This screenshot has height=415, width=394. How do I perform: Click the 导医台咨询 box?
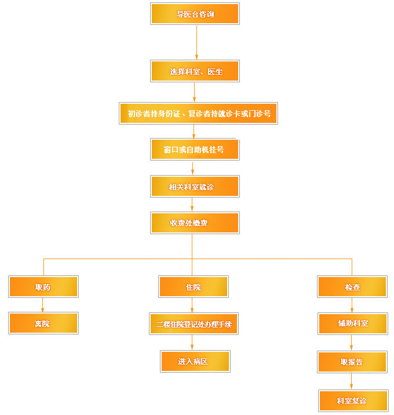coord(195,14)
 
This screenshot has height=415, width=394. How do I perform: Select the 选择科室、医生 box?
coord(195,71)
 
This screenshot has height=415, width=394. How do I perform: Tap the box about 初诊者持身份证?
coord(198,113)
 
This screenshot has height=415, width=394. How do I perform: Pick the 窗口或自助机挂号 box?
coord(195,150)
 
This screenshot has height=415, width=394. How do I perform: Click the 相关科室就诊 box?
coord(195,186)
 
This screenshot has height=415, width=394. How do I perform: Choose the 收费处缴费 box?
coord(195,223)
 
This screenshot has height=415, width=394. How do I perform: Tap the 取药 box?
coord(43,287)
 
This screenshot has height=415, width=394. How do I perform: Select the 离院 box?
coord(43,323)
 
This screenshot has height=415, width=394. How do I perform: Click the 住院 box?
coord(194,287)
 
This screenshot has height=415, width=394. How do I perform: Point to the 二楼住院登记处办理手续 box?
coord(194,323)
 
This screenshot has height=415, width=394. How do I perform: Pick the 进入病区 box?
coord(195,361)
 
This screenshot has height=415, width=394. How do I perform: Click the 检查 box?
coord(352,287)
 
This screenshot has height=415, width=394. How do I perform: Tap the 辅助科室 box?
coord(353,323)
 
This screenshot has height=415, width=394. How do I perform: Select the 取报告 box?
coord(352,362)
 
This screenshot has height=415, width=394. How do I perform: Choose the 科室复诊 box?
coord(353,401)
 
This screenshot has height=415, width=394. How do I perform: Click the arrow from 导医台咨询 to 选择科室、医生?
coord(196,42)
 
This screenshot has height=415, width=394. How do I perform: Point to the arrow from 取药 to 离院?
coord(42,305)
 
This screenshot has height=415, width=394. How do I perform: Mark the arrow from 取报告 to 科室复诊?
coord(351,381)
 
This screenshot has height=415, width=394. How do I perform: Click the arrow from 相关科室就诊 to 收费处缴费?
coord(192,205)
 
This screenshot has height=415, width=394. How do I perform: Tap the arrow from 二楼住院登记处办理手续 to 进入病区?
coord(192,343)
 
